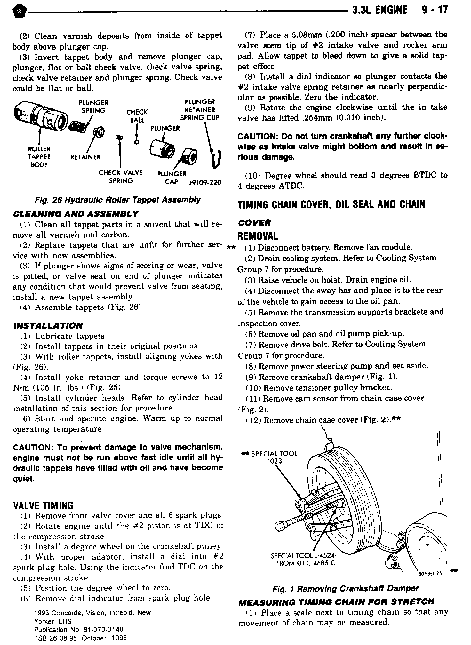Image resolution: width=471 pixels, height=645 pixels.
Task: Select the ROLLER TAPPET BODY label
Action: click(39, 157)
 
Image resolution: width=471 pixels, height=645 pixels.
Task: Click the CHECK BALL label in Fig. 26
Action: click(137, 116)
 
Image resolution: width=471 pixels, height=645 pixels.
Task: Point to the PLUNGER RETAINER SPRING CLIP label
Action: click(200, 110)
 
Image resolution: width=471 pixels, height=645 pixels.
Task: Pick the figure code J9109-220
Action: click(205, 183)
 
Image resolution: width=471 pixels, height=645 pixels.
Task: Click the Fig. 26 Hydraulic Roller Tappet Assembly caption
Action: click(118, 200)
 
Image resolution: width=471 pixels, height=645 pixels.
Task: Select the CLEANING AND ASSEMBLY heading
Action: click(76, 213)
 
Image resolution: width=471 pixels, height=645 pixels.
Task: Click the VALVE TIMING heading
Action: click(43, 506)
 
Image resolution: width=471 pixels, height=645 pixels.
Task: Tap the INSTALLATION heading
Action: click(48, 326)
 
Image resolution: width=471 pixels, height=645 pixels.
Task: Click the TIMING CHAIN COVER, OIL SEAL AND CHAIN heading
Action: click(331, 204)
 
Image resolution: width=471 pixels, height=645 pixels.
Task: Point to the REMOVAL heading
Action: click(258, 236)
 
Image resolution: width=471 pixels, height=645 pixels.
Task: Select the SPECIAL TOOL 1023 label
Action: click(269, 457)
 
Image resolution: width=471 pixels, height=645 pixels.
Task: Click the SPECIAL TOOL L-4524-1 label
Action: click(305, 560)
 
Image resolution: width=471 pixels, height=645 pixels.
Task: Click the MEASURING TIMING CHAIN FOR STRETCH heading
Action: click(336, 601)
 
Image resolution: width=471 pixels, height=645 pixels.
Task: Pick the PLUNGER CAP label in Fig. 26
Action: click(172, 178)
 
